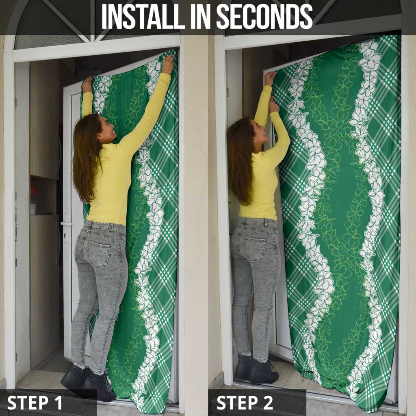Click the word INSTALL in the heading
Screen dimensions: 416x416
pyautogui.click(x=143, y=16)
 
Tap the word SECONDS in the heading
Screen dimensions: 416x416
pyautogui.click(x=264, y=16)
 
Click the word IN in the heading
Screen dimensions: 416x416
pyautogui.click(x=201, y=16)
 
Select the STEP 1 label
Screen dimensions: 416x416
pyautogui.click(x=35, y=403)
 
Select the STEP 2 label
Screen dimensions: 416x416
pyautogui.click(x=245, y=403)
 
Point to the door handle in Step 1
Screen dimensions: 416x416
pyautogui.click(x=66, y=224)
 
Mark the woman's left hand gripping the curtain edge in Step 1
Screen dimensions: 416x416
pyautogui.click(x=87, y=84)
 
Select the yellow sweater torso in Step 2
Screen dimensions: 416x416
pyautogui.click(x=261, y=186)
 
